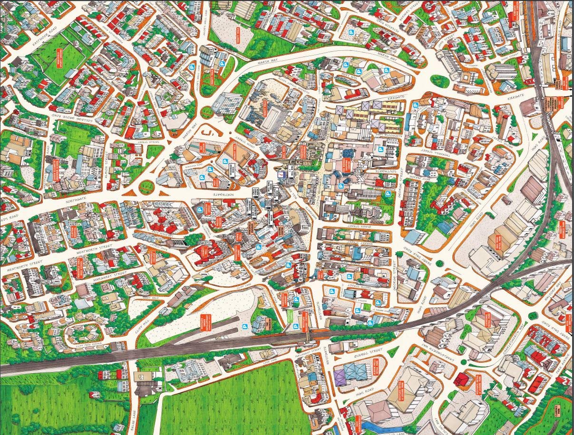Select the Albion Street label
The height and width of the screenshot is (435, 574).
tap(107, 164)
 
